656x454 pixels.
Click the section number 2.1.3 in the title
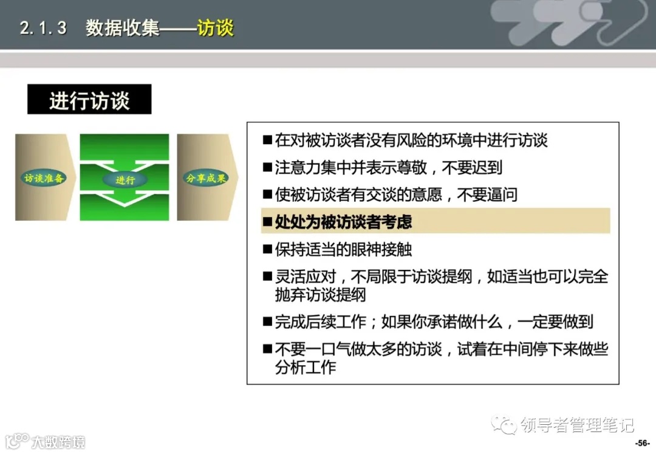point(43,28)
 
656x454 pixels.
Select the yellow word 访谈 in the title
point(216,28)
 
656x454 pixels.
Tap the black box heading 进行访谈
point(89,100)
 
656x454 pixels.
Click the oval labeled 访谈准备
point(44,178)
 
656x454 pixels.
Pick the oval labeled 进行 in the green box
point(125,180)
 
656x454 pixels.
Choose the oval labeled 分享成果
point(205,178)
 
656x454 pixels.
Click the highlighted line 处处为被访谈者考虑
point(343,222)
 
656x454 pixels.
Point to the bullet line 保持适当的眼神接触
point(343,249)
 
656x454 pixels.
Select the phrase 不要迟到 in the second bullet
point(473,168)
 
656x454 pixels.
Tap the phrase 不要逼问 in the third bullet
point(487,195)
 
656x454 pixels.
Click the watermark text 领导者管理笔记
point(578,424)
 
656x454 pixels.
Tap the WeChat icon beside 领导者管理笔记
point(505,424)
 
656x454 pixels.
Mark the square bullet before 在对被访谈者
point(267,141)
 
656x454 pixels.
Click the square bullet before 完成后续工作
point(267,322)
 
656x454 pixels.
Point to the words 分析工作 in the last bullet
point(305,368)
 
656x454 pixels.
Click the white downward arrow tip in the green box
point(125,204)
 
